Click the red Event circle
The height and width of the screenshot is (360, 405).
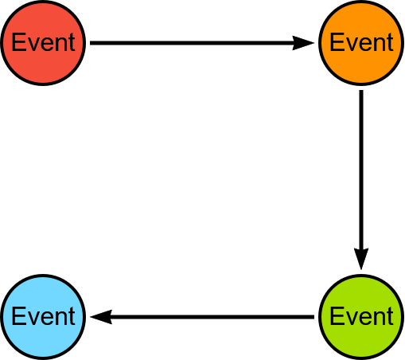(x=43, y=43)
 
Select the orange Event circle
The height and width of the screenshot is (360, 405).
(x=361, y=43)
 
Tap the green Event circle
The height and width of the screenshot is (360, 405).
(x=361, y=317)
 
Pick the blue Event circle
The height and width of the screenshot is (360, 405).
(x=43, y=317)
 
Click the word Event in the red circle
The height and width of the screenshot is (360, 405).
(x=44, y=42)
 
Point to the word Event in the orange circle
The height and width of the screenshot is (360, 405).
(x=361, y=42)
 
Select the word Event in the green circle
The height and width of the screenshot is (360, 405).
(x=361, y=316)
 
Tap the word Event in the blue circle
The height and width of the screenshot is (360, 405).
(x=44, y=316)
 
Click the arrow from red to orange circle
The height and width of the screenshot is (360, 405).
(x=202, y=43)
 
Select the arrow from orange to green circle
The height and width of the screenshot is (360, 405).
(x=361, y=180)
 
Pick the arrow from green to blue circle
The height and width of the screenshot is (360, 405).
(x=202, y=317)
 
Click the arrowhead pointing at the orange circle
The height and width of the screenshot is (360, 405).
(x=303, y=43)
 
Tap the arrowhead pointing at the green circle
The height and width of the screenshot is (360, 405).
(x=361, y=259)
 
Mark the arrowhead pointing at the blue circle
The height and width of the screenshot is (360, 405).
(x=101, y=317)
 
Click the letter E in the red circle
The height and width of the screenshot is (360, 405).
(x=18, y=42)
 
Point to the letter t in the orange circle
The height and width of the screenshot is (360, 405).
(x=390, y=42)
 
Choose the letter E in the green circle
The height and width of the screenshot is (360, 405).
(x=337, y=316)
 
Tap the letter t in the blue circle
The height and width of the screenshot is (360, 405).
(x=72, y=316)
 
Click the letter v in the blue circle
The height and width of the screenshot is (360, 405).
(x=33, y=319)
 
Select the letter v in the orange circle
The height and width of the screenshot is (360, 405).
(x=351, y=45)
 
